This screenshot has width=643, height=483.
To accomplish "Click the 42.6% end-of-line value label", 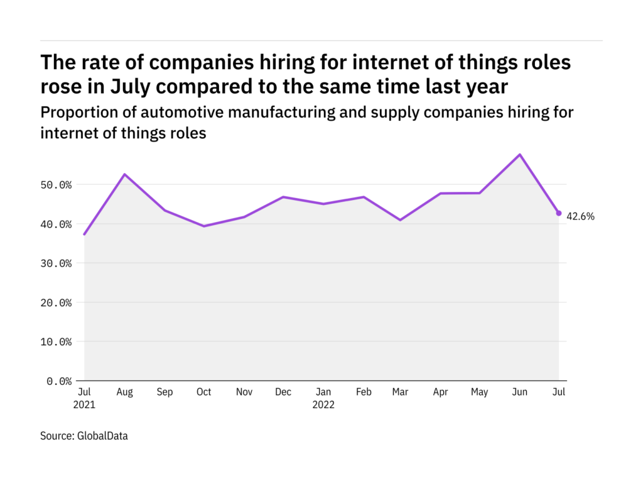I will [580, 216].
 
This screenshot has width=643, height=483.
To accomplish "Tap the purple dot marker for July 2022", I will [559, 213].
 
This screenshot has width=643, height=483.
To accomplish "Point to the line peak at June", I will [520, 154].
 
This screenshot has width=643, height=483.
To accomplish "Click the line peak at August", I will [124, 174].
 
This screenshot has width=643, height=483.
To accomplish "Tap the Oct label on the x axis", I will [203, 392].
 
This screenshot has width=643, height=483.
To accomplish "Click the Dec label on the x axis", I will [283, 392].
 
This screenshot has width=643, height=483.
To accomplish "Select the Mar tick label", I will [401, 392].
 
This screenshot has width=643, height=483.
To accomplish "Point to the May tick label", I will [480, 392].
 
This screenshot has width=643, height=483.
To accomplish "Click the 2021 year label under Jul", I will [85, 405].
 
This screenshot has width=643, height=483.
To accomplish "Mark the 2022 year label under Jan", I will [323, 405].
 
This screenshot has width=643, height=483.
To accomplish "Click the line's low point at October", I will [203, 226].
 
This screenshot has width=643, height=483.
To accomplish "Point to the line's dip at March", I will [401, 219].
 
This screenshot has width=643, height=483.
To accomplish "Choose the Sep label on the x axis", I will [164, 392].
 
